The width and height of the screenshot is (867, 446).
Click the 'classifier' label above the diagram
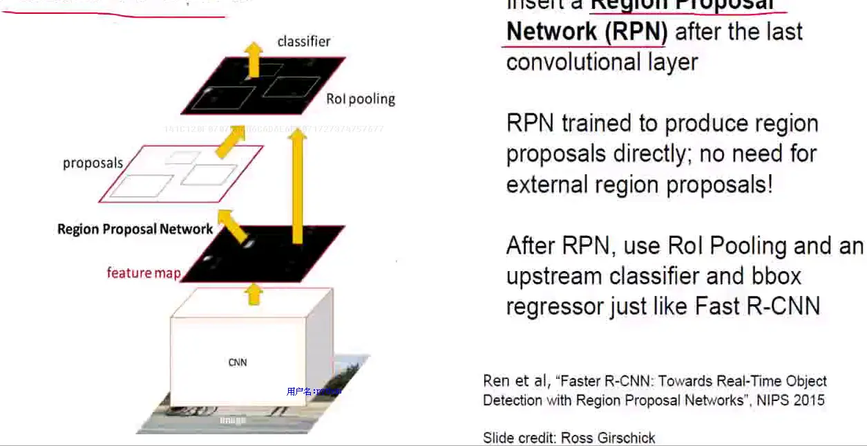click(x=304, y=41)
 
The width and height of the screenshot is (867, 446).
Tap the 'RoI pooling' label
click(x=361, y=99)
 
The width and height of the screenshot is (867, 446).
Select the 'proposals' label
click(x=93, y=164)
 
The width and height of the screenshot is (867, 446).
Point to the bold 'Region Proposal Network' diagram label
click(x=135, y=229)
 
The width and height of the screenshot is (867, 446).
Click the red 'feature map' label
click(x=143, y=272)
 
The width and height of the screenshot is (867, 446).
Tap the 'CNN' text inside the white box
click(x=237, y=362)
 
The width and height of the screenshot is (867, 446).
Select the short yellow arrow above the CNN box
click(x=254, y=295)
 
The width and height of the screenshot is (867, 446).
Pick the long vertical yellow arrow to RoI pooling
click(x=297, y=187)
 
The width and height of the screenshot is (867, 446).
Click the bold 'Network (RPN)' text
click(x=587, y=32)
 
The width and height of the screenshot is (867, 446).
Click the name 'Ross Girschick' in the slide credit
click(x=608, y=437)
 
